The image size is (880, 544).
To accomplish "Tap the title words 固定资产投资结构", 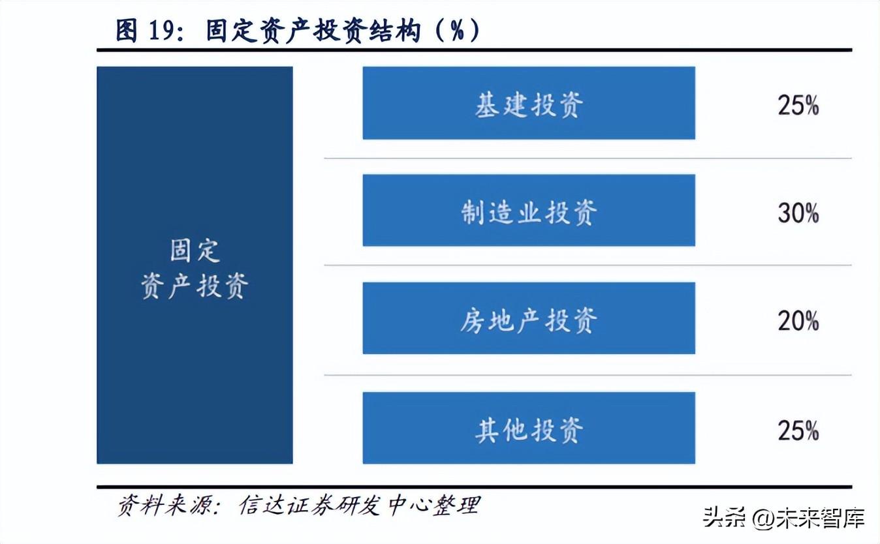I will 313,31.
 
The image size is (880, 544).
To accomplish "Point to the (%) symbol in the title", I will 457,31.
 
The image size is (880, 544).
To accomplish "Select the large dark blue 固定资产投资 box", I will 195,265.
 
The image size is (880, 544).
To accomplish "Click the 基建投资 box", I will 529,103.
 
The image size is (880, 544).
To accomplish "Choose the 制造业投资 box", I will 529,211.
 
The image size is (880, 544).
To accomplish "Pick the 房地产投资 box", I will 529,318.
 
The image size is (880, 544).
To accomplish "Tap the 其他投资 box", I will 529,428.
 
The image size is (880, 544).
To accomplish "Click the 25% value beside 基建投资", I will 798,105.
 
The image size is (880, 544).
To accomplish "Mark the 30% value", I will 798,213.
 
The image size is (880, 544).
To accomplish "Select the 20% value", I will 798,320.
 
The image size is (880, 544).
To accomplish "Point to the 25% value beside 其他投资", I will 798,430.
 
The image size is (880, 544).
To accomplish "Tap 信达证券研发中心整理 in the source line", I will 359,506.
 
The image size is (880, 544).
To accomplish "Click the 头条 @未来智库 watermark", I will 783,519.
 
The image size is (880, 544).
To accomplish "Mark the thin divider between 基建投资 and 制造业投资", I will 588,158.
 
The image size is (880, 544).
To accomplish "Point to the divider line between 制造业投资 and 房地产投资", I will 588,265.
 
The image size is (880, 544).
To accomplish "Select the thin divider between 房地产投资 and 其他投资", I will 588,375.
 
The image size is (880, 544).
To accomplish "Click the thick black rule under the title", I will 474,50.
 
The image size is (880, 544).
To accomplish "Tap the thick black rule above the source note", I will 474,487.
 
